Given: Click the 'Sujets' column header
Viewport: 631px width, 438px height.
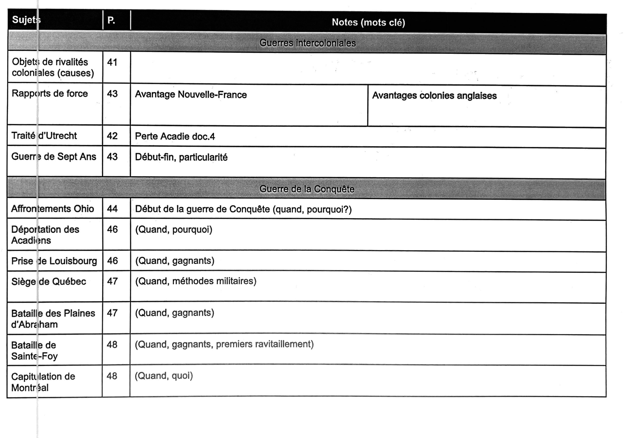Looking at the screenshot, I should (26, 20).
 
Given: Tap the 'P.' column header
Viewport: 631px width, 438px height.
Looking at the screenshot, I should (111, 20).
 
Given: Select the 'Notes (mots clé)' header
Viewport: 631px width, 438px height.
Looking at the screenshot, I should (368, 23).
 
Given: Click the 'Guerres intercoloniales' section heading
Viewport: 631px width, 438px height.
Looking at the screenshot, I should (307, 43).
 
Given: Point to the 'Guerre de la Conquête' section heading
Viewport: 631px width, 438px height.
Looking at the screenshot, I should (307, 189).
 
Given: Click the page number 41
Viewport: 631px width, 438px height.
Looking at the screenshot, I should (112, 63).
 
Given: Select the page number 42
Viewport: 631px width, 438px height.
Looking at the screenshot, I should (112, 136).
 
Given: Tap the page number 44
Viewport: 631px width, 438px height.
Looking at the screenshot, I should (112, 209).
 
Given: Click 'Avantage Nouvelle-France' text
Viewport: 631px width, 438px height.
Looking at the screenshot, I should (191, 95).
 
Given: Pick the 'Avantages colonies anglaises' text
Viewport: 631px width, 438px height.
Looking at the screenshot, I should (434, 96).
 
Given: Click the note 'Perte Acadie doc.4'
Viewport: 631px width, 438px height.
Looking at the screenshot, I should (175, 136).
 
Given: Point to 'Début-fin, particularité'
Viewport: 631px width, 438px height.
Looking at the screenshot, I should (181, 157).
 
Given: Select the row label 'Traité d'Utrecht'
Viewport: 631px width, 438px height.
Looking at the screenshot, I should (44, 136).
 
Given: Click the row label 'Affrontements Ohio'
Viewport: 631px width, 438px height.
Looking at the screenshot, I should (52, 209).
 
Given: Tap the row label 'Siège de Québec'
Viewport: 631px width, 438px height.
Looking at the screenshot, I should (49, 282).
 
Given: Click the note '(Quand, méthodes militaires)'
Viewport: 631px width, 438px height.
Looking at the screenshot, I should (196, 281).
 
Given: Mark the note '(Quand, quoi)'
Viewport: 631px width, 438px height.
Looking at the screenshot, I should (164, 376).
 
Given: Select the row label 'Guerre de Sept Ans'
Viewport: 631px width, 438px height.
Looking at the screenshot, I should (54, 157).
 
